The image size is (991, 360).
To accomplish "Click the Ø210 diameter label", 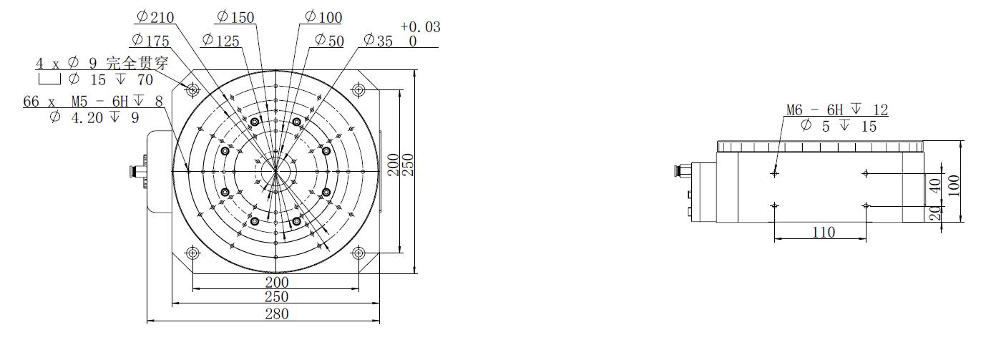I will [155, 17].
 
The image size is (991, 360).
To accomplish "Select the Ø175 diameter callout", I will [150, 40].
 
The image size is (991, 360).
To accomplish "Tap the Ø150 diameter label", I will [235, 17].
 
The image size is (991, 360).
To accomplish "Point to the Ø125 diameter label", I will [221, 40].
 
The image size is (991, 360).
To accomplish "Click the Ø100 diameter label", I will [323, 17].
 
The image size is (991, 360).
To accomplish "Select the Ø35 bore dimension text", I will [379, 40].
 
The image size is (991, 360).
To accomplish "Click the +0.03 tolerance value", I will [420, 27].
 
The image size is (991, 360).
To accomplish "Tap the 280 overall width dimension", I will [276, 313].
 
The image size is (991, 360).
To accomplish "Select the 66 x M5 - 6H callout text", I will [93, 102].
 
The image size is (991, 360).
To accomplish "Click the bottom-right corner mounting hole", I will [358, 253].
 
